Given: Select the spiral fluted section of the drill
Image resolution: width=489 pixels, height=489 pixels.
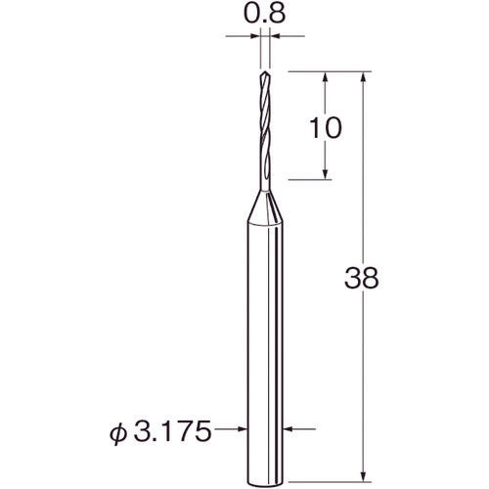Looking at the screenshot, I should tap(265, 117).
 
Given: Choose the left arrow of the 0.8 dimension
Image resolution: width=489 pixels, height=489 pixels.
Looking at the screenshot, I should tap(255, 35).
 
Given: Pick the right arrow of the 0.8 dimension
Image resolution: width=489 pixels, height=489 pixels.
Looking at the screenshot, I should tap(276, 35).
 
